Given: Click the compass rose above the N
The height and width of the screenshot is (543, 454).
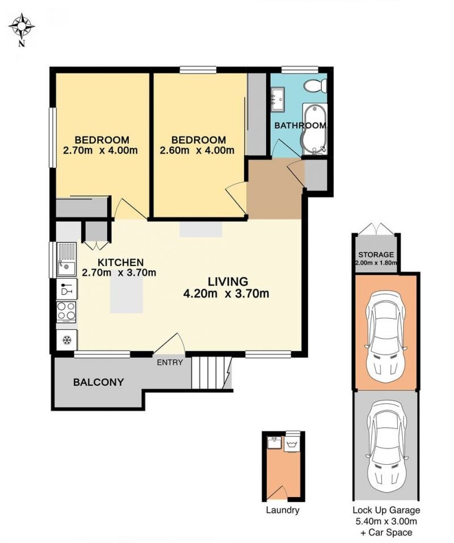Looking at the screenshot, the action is (22, 26).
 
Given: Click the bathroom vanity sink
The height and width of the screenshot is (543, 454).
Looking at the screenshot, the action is (278, 99).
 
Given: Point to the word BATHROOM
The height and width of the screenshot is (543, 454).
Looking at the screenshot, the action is (300, 125).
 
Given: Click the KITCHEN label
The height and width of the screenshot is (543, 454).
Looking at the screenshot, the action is (120, 263).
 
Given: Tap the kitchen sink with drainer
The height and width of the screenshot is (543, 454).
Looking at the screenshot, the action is (66, 259).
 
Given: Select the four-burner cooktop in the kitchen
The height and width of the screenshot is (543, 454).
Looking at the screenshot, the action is (66, 312).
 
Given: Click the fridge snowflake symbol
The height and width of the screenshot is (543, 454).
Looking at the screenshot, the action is (67, 340).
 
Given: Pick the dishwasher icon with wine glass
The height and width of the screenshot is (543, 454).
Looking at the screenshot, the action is (66, 289).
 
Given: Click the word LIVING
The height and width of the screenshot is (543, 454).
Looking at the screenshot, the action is (228, 281).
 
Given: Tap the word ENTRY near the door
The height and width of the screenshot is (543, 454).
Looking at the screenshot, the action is (170, 363).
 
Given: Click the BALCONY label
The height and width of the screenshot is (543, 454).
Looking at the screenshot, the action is (98, 382).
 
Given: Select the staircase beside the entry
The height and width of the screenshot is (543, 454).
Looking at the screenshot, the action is (211, 373).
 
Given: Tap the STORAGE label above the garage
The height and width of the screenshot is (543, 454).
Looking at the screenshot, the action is (376, 255).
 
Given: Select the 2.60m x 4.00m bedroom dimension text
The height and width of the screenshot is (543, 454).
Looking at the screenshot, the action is (197, 150).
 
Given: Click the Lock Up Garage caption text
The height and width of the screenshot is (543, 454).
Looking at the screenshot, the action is (386, 510).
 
